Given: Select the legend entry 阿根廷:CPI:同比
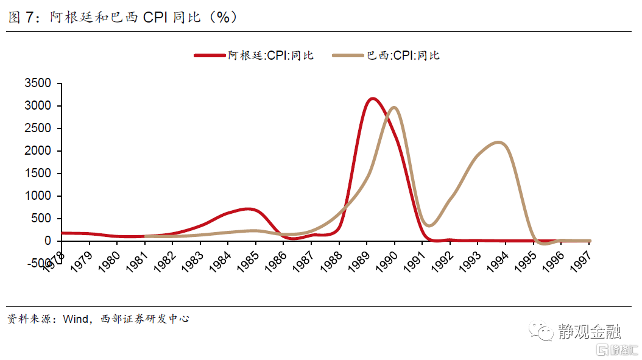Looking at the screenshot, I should pyautogui.click(x=270, y=55).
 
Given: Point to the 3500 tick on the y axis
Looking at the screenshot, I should pyautogui.click(x=42, y=83).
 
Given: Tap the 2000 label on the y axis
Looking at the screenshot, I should pyautogui.click(x=42, y=151).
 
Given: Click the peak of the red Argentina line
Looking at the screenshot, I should pyautogui.click(x=372, y=98).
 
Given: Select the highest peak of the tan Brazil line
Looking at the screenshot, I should pyautogui.click(x=393, y=108).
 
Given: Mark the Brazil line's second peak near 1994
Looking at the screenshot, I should pyautogui.click(x=499, y=143).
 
